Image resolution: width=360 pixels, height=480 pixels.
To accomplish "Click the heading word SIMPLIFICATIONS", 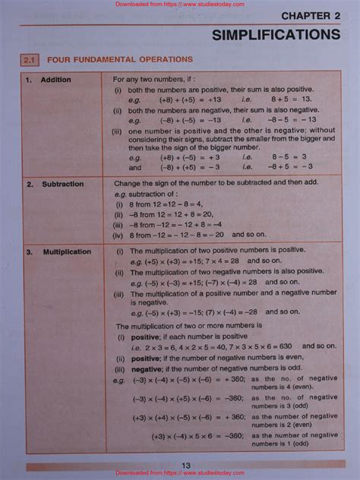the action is click(276, 35).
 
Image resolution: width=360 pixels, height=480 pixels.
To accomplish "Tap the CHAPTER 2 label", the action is click(310, 15).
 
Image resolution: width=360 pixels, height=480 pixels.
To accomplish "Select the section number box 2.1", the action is click(30, 59).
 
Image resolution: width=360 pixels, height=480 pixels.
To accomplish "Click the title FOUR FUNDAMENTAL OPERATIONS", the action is click(120, 59).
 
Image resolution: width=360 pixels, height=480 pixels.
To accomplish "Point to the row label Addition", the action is click(55, 80).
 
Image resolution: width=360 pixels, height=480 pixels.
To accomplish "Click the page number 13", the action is click(186, 466).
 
